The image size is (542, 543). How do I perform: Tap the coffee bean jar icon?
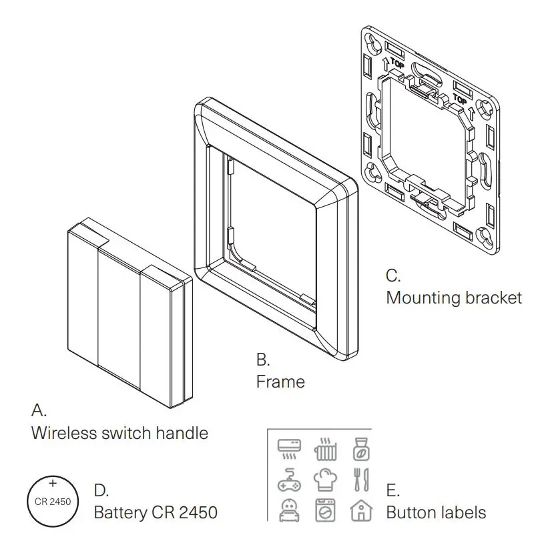pyautogui.click(x=361, y=449)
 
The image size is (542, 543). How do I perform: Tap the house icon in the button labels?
pyautogui.click(x=361, y=510)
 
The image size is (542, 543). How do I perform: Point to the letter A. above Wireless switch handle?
pyautogui.click(x=39, y=408)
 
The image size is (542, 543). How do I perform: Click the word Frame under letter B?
pyautogui.click(x=280, y=382)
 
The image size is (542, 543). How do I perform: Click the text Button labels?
pyautogui.click(x=436, y=513)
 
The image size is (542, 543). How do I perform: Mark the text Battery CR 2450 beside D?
pyautogui.click(x=155, y=513)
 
